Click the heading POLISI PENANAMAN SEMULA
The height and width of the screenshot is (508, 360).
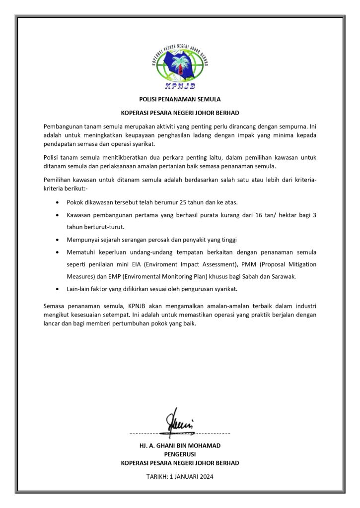[180, 99]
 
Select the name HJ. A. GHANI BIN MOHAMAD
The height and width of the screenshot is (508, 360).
[180, 445]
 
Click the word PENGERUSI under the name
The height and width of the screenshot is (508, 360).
[180, 454]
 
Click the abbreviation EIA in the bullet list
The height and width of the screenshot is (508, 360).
[148, 264]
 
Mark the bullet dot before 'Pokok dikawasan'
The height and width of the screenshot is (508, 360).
[60, 203]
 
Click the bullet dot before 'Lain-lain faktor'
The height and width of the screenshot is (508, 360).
[60, 289]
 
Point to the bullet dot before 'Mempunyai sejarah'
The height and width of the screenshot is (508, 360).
[60, 239]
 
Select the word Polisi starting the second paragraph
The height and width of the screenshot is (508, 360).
[51, 157]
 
